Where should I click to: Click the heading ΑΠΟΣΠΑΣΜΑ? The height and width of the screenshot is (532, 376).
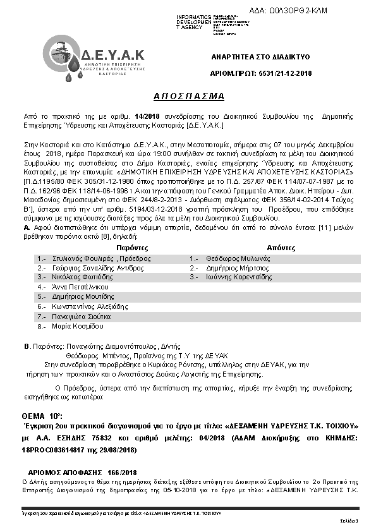189,96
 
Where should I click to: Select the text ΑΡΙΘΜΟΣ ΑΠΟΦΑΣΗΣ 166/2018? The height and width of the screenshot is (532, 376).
83,473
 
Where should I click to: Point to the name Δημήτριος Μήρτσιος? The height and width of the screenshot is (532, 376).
227,268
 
